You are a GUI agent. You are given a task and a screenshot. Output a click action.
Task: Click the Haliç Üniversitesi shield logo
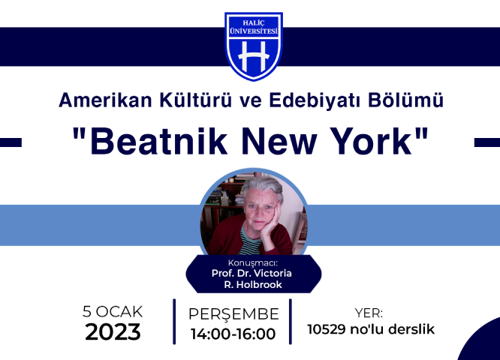pos(254,46)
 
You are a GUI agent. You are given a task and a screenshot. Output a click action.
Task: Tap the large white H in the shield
pos(254,57)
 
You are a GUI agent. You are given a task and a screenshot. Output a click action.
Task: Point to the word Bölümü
pos(405,100)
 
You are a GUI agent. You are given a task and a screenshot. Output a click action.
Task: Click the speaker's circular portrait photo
pos(254,213)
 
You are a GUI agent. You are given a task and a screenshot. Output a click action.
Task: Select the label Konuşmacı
pos(253,263)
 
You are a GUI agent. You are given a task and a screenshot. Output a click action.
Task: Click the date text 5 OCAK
pos(113,311)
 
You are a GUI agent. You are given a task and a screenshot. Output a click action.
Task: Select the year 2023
pos(113,332)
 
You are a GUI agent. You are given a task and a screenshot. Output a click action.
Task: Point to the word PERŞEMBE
pos(233,314)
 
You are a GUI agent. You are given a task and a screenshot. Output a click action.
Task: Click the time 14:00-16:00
pos(233,334)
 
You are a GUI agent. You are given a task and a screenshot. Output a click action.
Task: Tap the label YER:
pos(369,313)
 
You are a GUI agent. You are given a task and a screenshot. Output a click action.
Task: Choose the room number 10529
pos(327,329)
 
